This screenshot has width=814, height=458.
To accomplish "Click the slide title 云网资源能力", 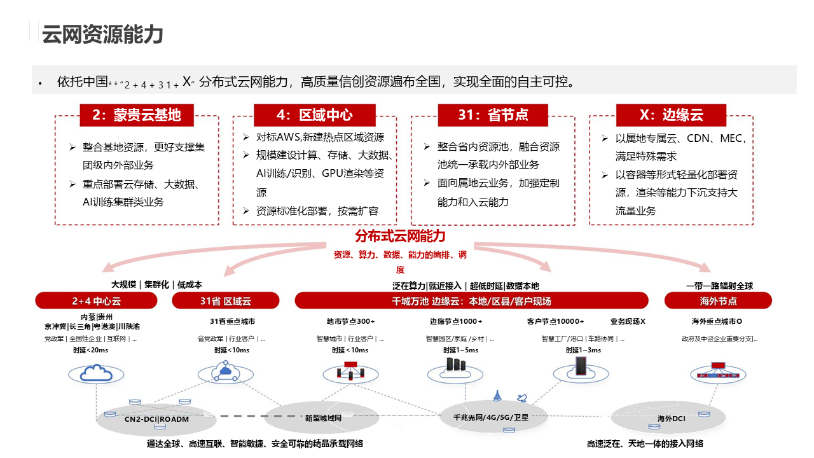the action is click(102, 34).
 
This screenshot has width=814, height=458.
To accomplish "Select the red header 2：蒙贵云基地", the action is click(137, 115).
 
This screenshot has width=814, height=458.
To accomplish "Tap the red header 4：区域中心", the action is click(315, 115).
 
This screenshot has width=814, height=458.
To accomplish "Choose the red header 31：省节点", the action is click(493, 115).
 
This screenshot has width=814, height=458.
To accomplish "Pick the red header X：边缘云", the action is click(671, 115).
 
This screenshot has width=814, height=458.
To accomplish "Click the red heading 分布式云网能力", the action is click(401, 237).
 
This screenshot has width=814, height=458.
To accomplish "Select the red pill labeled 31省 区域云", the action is click(226, 301).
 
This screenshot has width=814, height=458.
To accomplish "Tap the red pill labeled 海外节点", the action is click(719, 301).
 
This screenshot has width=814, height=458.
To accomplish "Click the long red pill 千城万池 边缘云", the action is click(471, 301).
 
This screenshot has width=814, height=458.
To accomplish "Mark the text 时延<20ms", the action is click(90, 350).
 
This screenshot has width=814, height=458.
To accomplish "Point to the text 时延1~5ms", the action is click(460, 350).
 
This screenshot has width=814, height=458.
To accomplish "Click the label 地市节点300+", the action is click(350, 321).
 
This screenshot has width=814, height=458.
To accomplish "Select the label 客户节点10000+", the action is click(555, 321).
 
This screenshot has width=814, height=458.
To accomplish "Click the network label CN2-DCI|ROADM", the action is click(156, 419).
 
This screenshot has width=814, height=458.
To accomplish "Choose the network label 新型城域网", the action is click(323, 418).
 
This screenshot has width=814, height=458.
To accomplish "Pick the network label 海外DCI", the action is click(671, 418).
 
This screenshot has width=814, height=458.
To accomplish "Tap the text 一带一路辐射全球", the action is click(719, 286).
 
